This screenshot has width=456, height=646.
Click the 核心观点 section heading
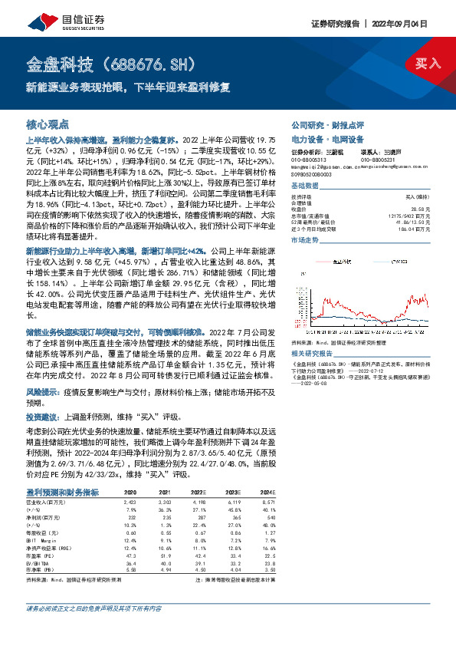(x=48, y=124)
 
